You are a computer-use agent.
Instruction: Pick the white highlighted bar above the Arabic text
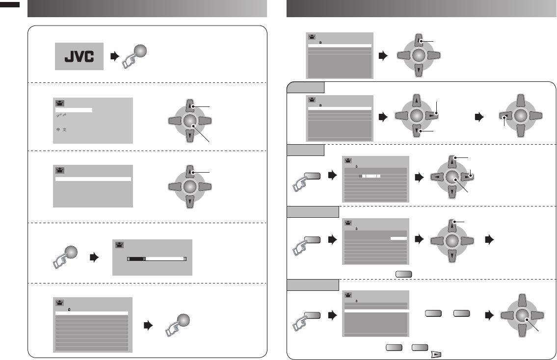coord(73,110)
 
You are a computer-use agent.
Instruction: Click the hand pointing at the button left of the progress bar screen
coord(62,259)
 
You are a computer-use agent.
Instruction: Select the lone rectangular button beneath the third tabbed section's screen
coord(402,274)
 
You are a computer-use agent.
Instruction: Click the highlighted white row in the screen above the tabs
coord(340,45)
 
